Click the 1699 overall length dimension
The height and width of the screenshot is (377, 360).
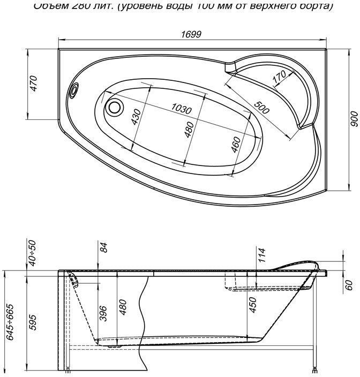click(191, 34)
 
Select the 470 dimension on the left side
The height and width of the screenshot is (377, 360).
click(33, 84)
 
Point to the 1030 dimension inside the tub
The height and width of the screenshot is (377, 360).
click(182, 109)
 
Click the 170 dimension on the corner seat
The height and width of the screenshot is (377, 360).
click(279, 78)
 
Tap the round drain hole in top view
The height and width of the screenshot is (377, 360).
click(114, 107)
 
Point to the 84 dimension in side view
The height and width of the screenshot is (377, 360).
click(104, 247)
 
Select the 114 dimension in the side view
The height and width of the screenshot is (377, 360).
click(261, 255)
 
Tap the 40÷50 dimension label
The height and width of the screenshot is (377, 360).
click(33, 253)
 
